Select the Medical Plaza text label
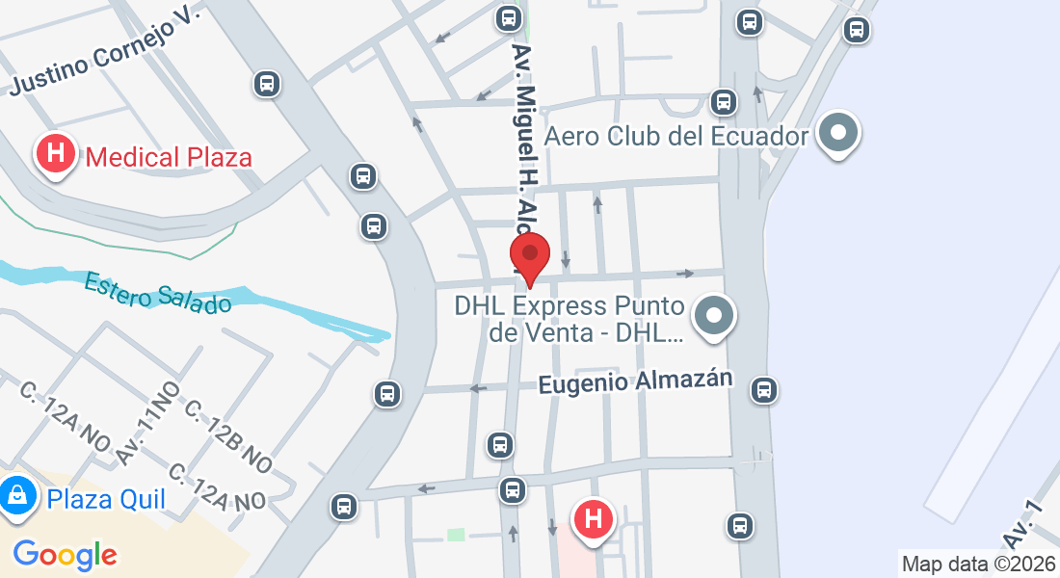pyautogui.click(x=169, y=157)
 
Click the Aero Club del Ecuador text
pyautogui.click(x=676, y=136)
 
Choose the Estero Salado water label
pyautogui.click(x=158, y=292)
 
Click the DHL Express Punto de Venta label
pyautogui.click(x=570, y=320)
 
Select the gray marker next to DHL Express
pyautogui.click(x=715, y=317)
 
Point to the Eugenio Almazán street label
pyautogui.click(x=636, y=381)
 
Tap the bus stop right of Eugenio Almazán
pyautogui.click(x=764, y=389)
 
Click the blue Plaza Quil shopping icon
pyautogui.click(x=17, y=497)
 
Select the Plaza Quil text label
pyautogui.click(x=106, y=499)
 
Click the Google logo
pyautogui.click(x=65, y=554)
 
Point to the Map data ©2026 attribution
pyautogui.click(x=977, y=564)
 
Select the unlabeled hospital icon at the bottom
pyautogui.click(x=594, y=519)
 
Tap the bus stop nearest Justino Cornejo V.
pyautogui.click(x=267, y=84)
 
